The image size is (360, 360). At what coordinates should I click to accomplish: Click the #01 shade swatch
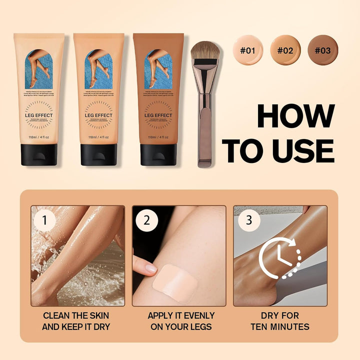[x=248, y=49]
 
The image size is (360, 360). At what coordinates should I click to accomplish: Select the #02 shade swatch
[x=285, y=49]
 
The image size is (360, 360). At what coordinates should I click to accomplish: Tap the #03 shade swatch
[x=322, y=49]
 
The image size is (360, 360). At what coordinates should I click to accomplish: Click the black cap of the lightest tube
[x=38, y=154]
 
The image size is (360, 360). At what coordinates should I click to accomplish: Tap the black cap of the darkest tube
[x=158, y=154]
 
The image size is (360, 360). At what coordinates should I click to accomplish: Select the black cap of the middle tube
[x=98, y=154]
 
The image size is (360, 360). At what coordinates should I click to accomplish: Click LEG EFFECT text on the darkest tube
[x=158, y=115]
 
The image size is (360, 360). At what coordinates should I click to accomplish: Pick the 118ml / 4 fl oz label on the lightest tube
[x=39, y=137]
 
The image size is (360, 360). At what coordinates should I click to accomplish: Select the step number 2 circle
[x=146, y=220]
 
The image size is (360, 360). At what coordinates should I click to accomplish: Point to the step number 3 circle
[x=248, y=220]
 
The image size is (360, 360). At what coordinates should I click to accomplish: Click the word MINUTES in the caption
[x=285, y=327]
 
